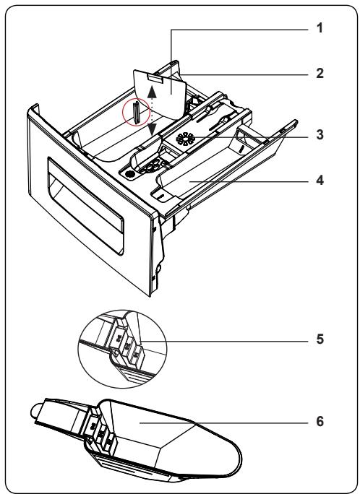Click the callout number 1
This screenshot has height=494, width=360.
(320, 28)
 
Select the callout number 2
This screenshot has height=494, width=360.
(320, 74)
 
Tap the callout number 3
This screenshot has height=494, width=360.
(320, 134)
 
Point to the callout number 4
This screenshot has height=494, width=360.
(320, 181)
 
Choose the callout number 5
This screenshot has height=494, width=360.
(320, 339)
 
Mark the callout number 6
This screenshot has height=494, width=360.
(320, 421)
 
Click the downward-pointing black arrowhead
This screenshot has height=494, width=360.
(153, 129)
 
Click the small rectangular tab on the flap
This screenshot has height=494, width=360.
(156, 79)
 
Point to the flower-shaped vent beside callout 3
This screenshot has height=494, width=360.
(185, 139)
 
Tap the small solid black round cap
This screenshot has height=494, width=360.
(129, 173)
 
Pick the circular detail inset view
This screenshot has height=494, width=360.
(122, 349)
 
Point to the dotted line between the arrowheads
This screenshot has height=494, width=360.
(153, 110)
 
